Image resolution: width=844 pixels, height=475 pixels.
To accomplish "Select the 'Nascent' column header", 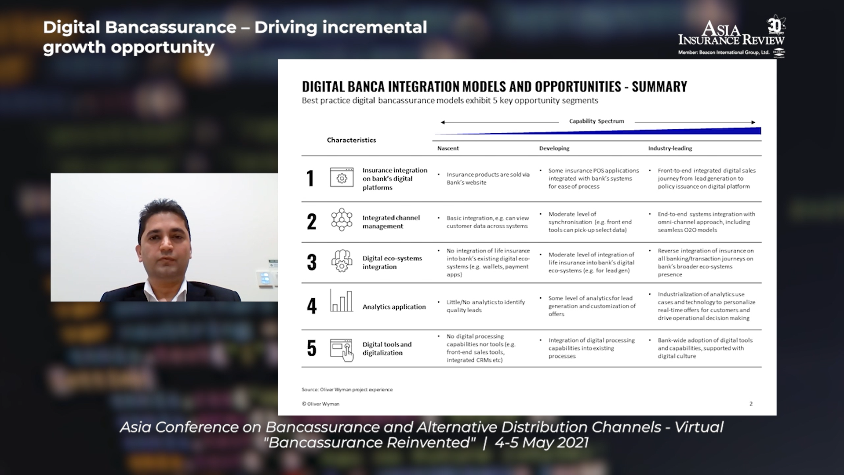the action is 448,148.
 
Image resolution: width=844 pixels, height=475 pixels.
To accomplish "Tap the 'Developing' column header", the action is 554,148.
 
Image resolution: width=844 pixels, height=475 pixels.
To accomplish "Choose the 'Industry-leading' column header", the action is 670,148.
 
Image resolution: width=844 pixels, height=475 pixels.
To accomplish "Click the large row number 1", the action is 310,179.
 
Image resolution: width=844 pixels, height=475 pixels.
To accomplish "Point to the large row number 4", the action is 312,306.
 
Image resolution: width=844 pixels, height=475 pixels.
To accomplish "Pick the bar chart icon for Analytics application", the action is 341,301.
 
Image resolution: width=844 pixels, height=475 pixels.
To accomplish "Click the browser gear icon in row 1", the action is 342,177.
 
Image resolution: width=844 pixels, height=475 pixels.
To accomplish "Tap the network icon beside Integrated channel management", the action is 342,219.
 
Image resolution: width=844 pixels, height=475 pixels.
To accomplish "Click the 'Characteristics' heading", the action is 351,140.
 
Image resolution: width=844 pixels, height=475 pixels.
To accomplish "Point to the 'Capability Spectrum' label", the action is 597,121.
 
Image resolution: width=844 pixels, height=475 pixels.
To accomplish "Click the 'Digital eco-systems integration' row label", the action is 392,262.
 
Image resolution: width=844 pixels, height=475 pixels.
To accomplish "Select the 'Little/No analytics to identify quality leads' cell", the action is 486,306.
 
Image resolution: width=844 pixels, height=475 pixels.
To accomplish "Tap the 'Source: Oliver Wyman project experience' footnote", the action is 347,389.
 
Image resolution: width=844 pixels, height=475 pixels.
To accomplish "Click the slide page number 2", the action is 751,404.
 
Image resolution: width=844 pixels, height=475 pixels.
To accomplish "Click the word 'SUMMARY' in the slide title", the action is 659,87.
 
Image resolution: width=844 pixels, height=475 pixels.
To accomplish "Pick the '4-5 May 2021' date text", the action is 542,442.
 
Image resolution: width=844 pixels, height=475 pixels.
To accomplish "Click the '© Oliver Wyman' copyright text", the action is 320,404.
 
